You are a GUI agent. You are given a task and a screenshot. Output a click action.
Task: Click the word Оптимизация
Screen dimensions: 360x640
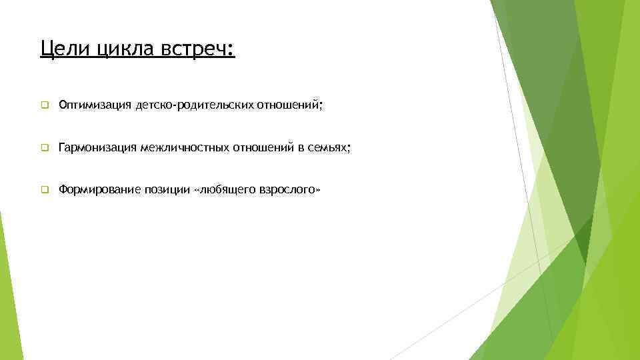pos(95,105)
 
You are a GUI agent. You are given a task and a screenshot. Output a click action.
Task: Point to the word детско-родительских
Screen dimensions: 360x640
pos(189,105)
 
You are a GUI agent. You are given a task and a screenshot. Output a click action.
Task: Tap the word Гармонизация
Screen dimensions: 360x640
pos(97,147)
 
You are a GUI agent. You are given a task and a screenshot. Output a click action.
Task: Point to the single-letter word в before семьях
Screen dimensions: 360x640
pos(300,147)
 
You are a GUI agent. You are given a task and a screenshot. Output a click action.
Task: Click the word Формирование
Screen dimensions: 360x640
pos(99,190)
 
